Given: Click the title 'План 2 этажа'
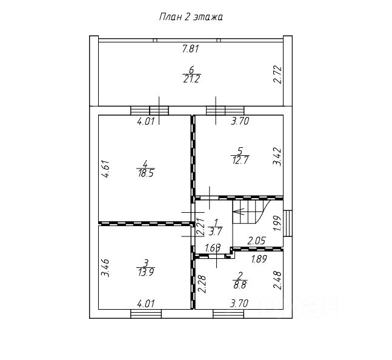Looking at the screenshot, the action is tap(191, 17).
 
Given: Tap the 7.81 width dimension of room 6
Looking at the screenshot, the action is tap(191, 48).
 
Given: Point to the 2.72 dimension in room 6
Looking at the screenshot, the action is tap(277, 75).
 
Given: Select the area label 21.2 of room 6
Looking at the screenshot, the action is tap(191, 79).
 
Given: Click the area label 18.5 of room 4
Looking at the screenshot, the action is tap(146, 173).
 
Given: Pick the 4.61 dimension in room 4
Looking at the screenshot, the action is tap(105, 168).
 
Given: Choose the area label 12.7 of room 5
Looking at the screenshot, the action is tap(241, 160).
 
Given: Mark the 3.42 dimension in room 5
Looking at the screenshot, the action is tap(277, 157).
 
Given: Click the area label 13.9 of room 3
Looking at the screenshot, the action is tap(146, 272).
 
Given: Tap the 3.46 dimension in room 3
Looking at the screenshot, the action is tap(105, 268).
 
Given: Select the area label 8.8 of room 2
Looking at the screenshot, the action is tap(240, 285).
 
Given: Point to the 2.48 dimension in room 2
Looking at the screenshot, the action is tap(277, 281).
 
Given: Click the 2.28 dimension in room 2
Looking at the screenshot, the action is tap(202, 284).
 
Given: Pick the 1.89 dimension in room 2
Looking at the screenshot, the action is tap(259, 259).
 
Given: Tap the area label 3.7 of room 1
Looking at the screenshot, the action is tap(215, 232).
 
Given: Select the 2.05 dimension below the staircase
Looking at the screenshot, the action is tap(256, 241).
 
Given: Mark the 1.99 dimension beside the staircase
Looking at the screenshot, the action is tap(277, 223).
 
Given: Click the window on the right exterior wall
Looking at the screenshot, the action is tap(288, 223).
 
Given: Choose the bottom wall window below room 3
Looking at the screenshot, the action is tap(146, 314).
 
